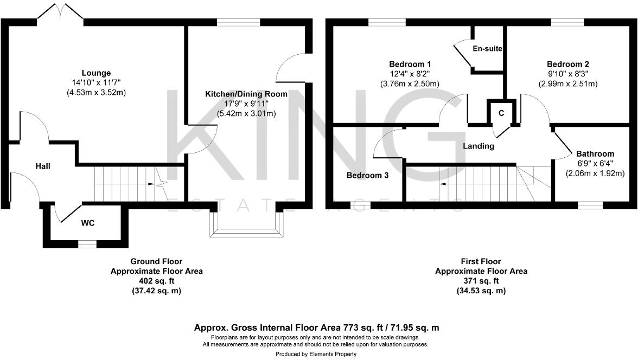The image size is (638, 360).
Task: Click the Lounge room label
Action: coord(96,73)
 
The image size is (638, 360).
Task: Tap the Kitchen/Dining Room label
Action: coord(246,94)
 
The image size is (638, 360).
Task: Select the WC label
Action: coord(88,223)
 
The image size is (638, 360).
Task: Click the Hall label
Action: coord(43,166)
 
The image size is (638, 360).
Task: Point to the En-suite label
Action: coord(487,49)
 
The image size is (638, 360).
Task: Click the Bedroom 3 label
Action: coord(367,176)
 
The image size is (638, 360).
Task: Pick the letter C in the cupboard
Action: coord(501,113)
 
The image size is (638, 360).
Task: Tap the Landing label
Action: coord(478,146)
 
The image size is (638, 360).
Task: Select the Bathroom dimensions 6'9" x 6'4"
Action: coord(595,164)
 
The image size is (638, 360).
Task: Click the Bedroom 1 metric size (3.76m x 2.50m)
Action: coord(410,83)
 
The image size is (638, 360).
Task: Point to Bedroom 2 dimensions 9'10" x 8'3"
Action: coord(568,74)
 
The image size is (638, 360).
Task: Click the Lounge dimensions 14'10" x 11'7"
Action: coord(96,82)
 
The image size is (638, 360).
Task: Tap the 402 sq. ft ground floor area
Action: coord(157,281)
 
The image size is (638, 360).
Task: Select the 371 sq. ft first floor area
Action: coord(481,281)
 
